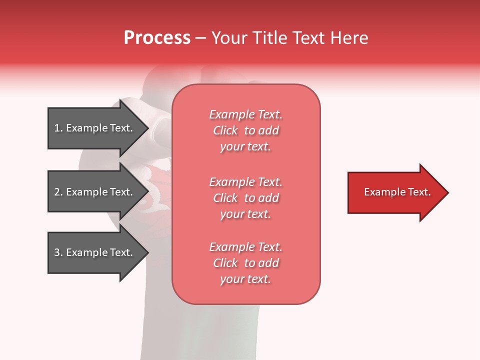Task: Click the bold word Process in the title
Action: [157, 38]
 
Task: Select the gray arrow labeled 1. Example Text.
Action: [95, 128]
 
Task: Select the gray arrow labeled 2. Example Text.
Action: [95, 192]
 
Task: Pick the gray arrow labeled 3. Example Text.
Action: [95, 252]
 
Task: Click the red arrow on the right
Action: [395, 192]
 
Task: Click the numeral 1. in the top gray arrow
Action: [58, 128]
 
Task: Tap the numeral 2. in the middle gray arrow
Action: [58, 192]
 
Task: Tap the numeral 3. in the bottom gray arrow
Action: [58, 252]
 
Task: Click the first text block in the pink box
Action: [246, 130]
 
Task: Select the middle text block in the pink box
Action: [246, 198]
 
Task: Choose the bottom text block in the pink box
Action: [246, 263]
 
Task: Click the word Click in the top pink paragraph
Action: [225, 130]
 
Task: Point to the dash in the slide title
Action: [201, 38]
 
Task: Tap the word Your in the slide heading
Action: [229, 38]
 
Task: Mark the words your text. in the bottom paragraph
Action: [245, 279]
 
